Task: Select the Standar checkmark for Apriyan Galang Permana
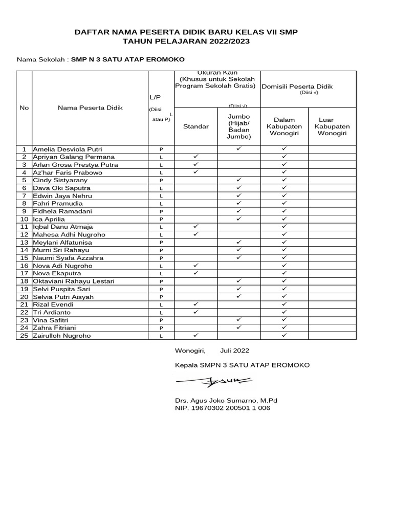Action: pos(196,157)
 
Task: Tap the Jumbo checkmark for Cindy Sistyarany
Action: pos(239,180)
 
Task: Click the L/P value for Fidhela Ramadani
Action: pos(161,211)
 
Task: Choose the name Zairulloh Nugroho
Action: pos(62,336)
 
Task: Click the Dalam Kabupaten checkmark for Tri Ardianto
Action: pos(285,312)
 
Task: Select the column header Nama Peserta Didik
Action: pos(90,108)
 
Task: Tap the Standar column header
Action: pos(196,126)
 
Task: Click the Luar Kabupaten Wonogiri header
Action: pos(332,126)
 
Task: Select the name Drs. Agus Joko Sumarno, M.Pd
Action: pos(226,401)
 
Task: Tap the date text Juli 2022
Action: pos(234,351)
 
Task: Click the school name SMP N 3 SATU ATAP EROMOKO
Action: pos(128,59)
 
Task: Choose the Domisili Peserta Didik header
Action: pos(297,86)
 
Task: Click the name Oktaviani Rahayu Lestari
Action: pos(74,281)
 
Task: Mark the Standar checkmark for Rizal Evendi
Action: pos(196,304)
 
